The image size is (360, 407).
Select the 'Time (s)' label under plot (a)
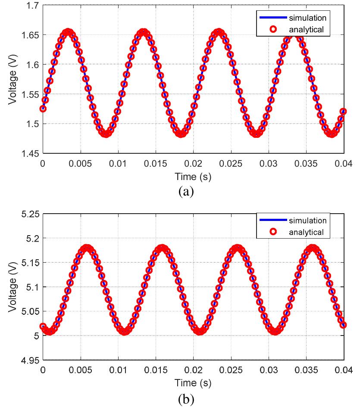pyautogui.click(x=193, y=176)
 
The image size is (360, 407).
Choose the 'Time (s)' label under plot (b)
pyautogui.click(x=193, y=382)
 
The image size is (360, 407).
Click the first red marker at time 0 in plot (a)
pyautogui.click(x=43, y=109)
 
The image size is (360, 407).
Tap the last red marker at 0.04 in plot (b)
pyautogui.click(x=343, y=325)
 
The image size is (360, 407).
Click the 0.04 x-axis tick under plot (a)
pyautogui.click(x=344, y=164)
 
